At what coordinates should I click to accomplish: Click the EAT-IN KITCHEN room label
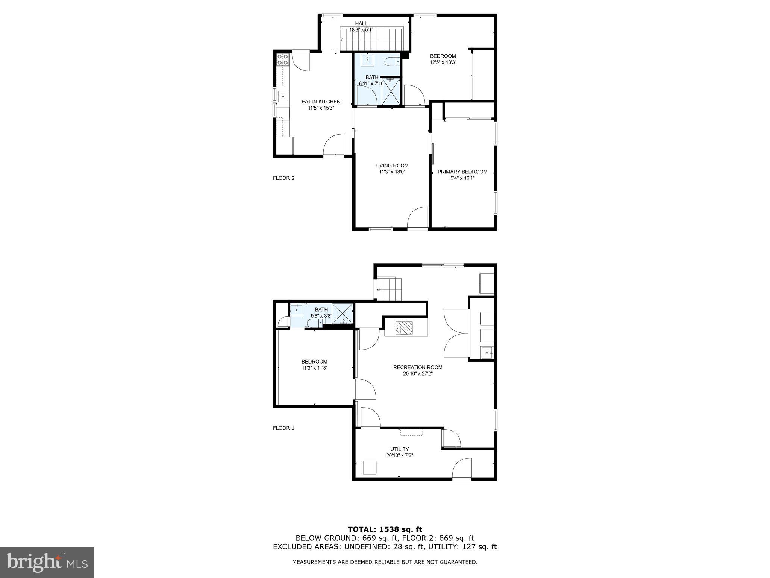(x=321, y=102)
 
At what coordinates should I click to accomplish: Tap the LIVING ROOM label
(x=392, y=166)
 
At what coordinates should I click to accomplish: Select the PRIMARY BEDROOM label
(x=462, y=172)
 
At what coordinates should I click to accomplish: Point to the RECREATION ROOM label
(x=418, y=367)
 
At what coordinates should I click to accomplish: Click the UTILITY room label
(x=399, y=449)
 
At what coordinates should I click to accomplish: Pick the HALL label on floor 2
(x=361, y=24)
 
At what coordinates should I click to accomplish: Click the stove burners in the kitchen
(x=282, y=59)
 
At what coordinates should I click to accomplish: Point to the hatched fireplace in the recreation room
(x=404, y=328)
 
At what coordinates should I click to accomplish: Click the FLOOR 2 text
(x=283, y=178)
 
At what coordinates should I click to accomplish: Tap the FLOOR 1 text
(x=283, y=428)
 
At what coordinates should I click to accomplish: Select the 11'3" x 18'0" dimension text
(x=392, y=172)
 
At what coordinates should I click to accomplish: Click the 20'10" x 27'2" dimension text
(x=418, y=374)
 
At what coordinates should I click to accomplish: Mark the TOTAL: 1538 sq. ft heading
(x=385, y=530)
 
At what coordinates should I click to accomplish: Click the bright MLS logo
(x=47, y=562)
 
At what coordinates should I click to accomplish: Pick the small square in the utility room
(x=369, y=467)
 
